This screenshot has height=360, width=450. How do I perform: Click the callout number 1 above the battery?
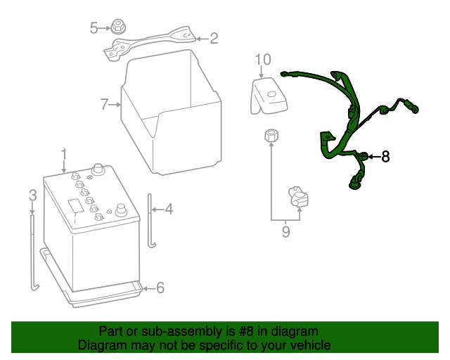[64, 155]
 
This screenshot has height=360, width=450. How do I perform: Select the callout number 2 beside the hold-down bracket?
[214, 39]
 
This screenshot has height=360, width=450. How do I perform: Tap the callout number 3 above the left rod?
[33, 195]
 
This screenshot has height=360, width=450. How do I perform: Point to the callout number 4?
[169, 209]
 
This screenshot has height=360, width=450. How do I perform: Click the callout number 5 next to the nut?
[94, 28]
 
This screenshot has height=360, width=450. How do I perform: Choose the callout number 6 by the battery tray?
[160, 288]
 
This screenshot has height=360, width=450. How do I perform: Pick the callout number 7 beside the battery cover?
[104, 105]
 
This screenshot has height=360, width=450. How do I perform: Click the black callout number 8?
[385, 157]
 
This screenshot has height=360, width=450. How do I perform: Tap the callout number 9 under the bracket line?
[286, 231]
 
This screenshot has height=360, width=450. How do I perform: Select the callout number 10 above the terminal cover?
[263, 60]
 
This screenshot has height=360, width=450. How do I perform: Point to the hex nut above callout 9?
[271, 136]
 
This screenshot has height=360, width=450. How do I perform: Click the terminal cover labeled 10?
[269, 96]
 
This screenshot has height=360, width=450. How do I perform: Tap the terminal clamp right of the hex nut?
[298, 197]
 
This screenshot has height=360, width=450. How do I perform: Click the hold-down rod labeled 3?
[34, 252]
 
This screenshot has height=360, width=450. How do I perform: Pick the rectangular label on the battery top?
[76, 206]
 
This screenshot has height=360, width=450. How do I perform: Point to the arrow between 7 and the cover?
[115, 105]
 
